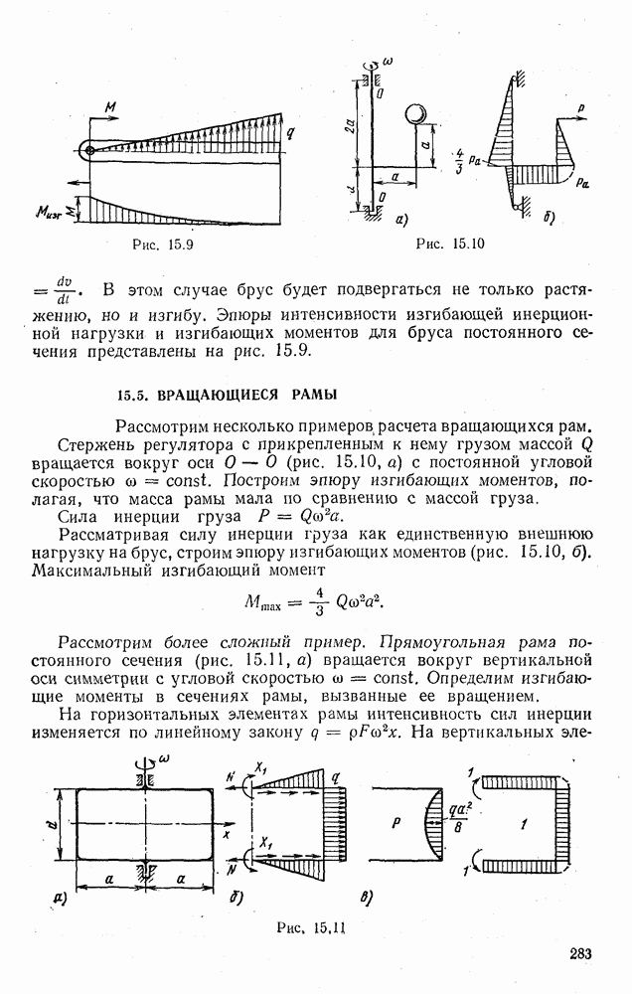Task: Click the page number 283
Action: [580, 955]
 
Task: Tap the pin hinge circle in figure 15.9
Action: [89, 151]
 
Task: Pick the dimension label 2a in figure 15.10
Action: [355, 125]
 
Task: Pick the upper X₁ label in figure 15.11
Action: [265, 771]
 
